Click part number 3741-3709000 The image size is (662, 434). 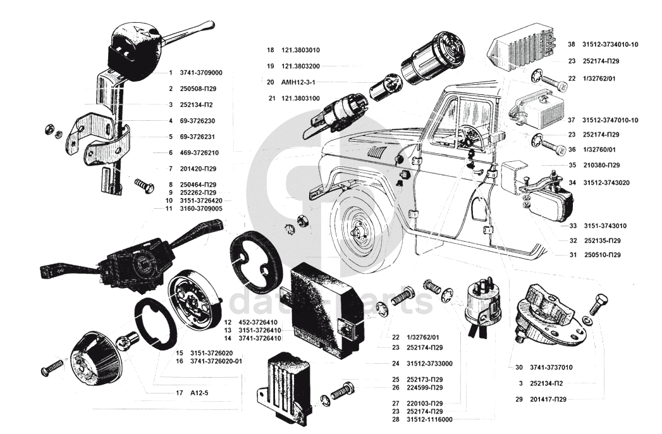(x=201, y=73)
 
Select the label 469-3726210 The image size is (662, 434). (x=199, y=152)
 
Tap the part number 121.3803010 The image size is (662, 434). (x=300, y=50)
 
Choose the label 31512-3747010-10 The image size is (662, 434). (x=611, y=120)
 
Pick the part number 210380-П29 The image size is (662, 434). (x=602, y=165)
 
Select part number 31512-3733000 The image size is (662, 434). (x=430, y=363)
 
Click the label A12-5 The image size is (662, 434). (x=199, y=393)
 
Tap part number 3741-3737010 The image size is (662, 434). (x=551, y=367)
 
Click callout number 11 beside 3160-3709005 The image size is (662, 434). (x=169, y=209)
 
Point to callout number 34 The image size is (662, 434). (x=572, y=183)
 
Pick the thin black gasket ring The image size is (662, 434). (x=155, y=324)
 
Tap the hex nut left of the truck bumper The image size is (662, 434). (x=302, y=220)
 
